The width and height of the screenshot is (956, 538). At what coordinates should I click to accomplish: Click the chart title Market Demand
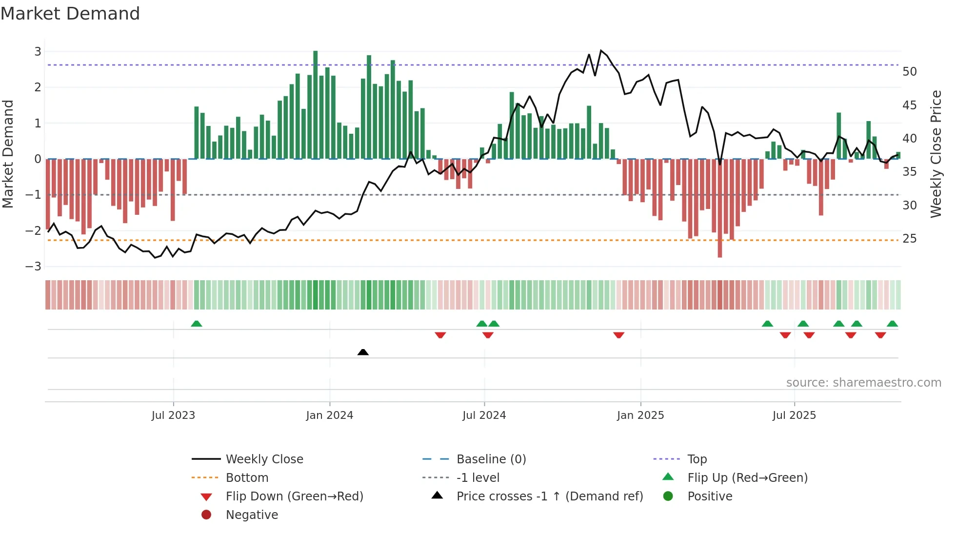pyautogui.click(x=70, y=14)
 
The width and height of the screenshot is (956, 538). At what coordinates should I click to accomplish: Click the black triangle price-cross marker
pyautogui.click(x=363, y=352)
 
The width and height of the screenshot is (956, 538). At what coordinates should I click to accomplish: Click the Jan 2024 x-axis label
pyautogui.click(x=329, y=415)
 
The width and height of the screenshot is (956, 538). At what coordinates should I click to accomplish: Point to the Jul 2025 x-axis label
pyautogui.click(x=794, y=415)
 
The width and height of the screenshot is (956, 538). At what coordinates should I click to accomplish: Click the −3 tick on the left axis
pyautogui.click(x=33, y=267)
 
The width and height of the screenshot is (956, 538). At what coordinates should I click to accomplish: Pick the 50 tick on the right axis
pyautogui.click(x=910, y=72)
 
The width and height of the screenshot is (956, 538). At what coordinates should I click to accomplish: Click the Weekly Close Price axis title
pyautogui.click(x=936, y=154)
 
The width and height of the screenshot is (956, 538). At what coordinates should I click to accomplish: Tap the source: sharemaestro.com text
pyautogui.click(x=863, y=383)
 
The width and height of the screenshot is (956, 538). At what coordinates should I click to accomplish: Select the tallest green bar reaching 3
pyautogui.click(x=316, y=105)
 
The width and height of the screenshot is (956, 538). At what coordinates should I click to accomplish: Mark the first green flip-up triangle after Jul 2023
pyautogui.click(x=197, y=324)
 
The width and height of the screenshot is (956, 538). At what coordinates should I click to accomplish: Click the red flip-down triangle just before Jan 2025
pyautogui.click(x=619, y=335)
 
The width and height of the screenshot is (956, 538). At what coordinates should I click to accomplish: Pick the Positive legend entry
pyautogui.click(x=710, y=497)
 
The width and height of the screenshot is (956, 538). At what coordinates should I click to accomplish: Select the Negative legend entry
pyautogui.click(x=252, y=515)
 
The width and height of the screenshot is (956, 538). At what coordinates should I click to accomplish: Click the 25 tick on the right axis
pyautogui.click(x=910, y=239)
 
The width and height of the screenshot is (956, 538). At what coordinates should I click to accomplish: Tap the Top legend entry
pyautogui.click(x=697, y=459)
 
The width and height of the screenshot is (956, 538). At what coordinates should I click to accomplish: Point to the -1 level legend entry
pyautogui.click(x=478, y=478)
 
